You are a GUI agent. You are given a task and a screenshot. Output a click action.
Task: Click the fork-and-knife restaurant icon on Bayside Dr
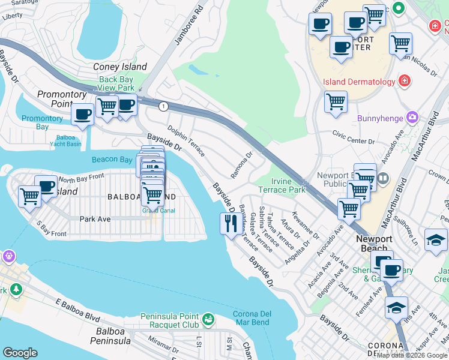tap(231, 223)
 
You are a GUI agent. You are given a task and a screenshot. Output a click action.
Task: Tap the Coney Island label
tap(120, 67)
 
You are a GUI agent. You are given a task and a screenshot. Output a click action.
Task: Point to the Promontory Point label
tap(63, 99)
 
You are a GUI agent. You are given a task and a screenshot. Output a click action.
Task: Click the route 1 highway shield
tap(163, 106)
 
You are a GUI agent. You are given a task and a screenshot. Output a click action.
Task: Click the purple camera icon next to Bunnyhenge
tap(412, 118)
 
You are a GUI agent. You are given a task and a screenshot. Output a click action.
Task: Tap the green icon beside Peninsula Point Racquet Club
tap(208, 319)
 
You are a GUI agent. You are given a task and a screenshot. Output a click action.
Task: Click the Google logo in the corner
tap(20, 353)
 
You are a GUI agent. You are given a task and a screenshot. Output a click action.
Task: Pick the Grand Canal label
tap(154, 211)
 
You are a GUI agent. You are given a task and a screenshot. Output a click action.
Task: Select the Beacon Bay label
tap(112, 160)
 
